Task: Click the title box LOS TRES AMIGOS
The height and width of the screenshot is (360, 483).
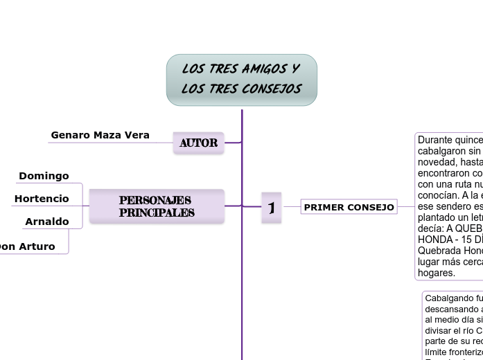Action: click(241, 80)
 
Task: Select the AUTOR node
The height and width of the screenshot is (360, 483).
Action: click(199, 143)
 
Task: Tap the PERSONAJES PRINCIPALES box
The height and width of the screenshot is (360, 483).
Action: click(157, 206)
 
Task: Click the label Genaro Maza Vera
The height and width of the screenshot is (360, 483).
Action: click(100, 135)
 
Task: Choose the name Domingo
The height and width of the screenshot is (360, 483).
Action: click(44, 176)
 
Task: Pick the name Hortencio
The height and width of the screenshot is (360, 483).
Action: click(42, 199)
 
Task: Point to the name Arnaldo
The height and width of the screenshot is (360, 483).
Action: click(47, 222)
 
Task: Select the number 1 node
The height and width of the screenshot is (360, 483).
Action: click(272, 207)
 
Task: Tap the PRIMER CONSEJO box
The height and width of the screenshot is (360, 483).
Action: click(349, 207)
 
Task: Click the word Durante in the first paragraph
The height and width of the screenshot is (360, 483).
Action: click(436, 140)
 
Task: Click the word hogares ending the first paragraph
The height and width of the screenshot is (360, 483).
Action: click(437, 273)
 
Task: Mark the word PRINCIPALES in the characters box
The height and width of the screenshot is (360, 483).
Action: click(157, 213)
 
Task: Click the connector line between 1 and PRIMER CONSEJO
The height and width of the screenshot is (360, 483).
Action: click(292, 206)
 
